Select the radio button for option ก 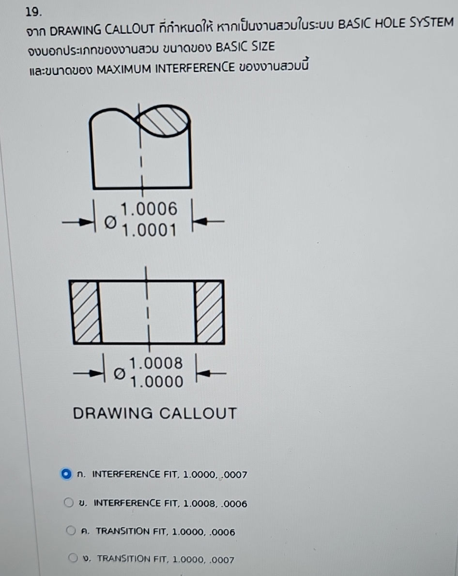point(66,474)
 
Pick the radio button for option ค point(71,531)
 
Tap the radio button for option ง point(73,560)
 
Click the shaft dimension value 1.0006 point(150,209)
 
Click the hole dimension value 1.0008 point(157,363)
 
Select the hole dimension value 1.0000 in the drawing point(157,383)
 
